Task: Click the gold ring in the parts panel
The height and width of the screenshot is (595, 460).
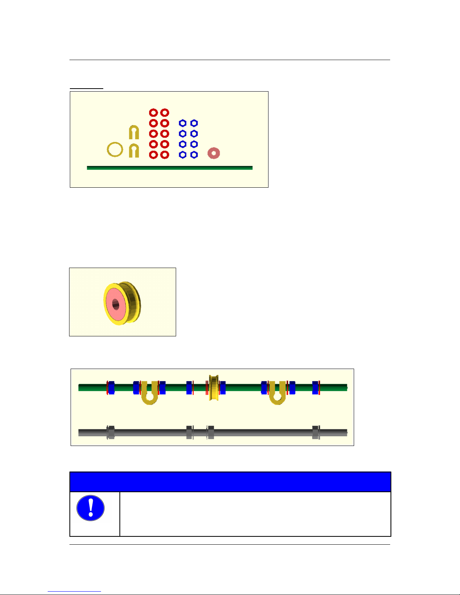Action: click(x=115, y=149)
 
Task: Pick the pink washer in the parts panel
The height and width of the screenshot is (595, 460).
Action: click(x=214, y=153)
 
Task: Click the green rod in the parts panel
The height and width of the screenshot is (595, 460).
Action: click(x=169, y=168)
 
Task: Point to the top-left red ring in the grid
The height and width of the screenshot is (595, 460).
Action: click(x=153, y=113)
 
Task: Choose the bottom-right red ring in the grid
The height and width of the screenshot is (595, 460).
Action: click(x=164, y=155)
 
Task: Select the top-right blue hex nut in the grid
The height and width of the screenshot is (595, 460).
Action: click(x=194, y=123)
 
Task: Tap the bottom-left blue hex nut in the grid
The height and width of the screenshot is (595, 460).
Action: click(x=182, y=155)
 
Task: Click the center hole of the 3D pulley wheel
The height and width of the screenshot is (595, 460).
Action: click(x=115, y=304)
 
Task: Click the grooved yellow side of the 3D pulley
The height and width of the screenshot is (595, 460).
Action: click(x=133, y=302)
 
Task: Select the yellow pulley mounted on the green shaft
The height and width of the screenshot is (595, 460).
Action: click(x=214, y=387)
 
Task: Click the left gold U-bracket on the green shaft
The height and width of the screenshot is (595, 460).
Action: click(x=149, y=396)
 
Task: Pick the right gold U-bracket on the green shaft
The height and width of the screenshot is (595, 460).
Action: click(x=278, y=396)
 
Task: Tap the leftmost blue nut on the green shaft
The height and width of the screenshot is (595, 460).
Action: click(x=111, y=388)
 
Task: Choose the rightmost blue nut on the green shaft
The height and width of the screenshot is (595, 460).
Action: click(x=315, y=388)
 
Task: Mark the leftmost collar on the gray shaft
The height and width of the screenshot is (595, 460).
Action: click(x=110, y=432)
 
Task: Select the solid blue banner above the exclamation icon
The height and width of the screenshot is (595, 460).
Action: click(x=230, y=482)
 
